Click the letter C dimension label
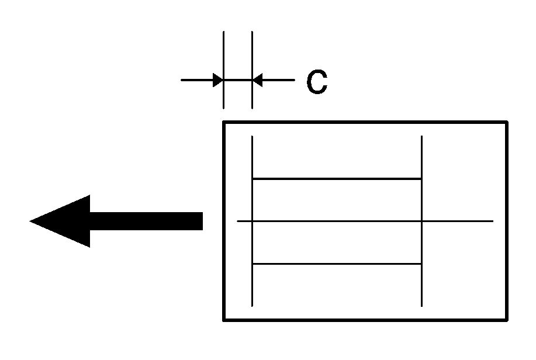(317, 82)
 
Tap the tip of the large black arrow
(29, 221)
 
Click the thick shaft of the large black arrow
(146, 221)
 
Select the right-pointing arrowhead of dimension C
(218, 80)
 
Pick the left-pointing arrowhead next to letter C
(257, 80)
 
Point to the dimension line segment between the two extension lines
(238, 80)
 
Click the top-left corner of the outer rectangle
(224, 122)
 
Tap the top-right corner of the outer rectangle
(507, 122)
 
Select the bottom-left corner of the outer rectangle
(224, 320)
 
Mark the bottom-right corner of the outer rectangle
(507, 320)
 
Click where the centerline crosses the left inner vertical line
(253, 221)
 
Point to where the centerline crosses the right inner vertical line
(421, 221)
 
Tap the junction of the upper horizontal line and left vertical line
(253, 178)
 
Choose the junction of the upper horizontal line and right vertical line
(421, 178)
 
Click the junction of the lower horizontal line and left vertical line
(253, 264)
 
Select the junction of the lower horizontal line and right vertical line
(421, 264)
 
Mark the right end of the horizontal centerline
(493, 221)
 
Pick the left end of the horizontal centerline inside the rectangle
(237, 221)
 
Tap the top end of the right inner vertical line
(421, 136)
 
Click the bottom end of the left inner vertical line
(253, 306)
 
